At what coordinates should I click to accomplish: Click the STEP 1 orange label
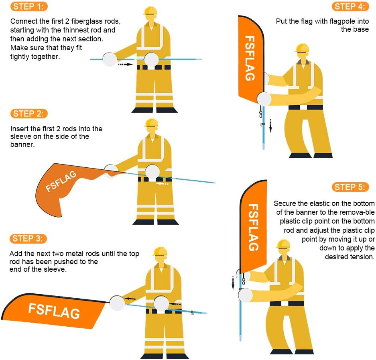[29, 6]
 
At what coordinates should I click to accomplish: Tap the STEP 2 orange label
[29, 114]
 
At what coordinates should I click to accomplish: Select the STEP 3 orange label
[29, 239]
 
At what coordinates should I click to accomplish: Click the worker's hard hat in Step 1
[150, 10]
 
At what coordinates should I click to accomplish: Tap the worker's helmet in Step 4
[302, 48]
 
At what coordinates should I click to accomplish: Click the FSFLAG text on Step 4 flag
[250, 58]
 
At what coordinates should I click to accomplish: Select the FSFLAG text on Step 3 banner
[54, 311]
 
